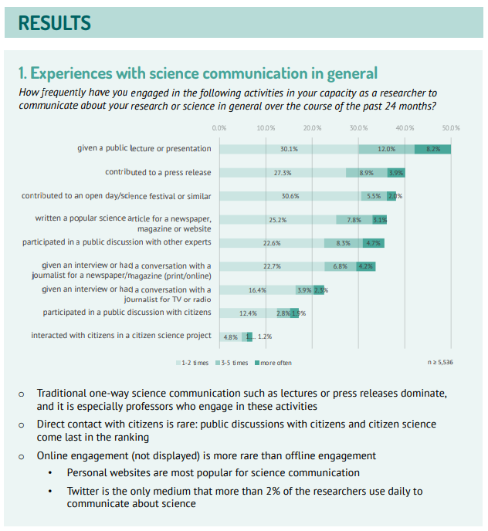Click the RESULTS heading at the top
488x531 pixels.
pyautogui.click(x=54, y=23)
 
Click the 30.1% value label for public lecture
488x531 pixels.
pyautogui.click(x=290, y=149)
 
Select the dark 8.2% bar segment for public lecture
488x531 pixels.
pyautogui.click(x=432, y=149)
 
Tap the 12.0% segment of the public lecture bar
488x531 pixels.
pyautogui.click(x=386, y=149)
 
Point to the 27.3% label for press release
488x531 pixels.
pyautogui.click(x=283, y=173)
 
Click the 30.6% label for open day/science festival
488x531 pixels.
pyautogui.click(x=290, y=196)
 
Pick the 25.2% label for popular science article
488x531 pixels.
pyautogui.click(x=278, y=220)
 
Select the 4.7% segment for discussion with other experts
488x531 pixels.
pyautogui.click(x=374, y=243)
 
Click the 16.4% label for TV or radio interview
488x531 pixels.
pyautogui.click(x=257, y=290)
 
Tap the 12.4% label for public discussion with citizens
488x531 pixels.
pyautogui.click(x=248, y=313)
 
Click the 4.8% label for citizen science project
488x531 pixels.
pyautogui.click(x=230, y=337)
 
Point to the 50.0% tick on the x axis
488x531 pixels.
pyautogui.click(x=451, y=127)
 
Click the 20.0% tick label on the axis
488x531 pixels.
pyautogui.click(x=312, y=127)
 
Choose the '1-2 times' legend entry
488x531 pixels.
pyautogui.click(x=195, y=363)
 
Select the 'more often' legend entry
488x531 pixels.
pyautogui.click(x=276, y=363)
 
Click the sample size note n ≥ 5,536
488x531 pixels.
pyautogui.click(x=441, y=362)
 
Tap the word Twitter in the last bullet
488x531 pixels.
pyautogui.click(x=84, y=491)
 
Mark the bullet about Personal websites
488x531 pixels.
pyautogui.click(x=213, y=472)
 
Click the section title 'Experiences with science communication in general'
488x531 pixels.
pyautogui.click(x=198, y=73)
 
